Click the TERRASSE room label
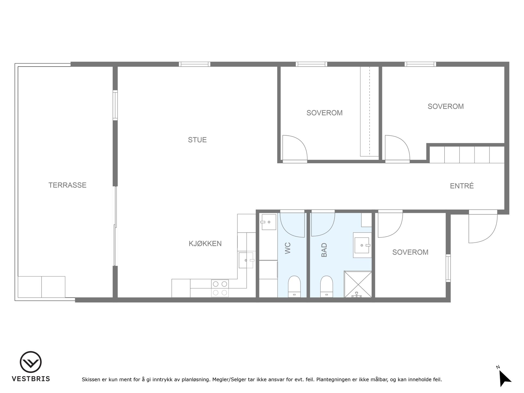[x=67, y=185]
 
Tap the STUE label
[x=197, y=140]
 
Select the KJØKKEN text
[x=205, y=243]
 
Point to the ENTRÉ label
[x=462, y=186]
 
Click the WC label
[x=288, y=248]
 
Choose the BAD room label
[x=324, y=250]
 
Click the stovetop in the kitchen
[x=220, y=288]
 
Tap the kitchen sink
[x=246, y=260]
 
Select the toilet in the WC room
[x=294, y=286]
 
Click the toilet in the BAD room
[x=326, y=286]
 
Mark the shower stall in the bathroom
[x=358, y=284]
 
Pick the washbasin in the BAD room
[x=362, y=245]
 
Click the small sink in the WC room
[x=269, y=222]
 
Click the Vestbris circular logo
[x=31, y=362]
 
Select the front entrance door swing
[x=483, y=226]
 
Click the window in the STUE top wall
[x=195, y=64]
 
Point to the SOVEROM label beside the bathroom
[x=410, y=252]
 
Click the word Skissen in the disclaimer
[x=91, y=379]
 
